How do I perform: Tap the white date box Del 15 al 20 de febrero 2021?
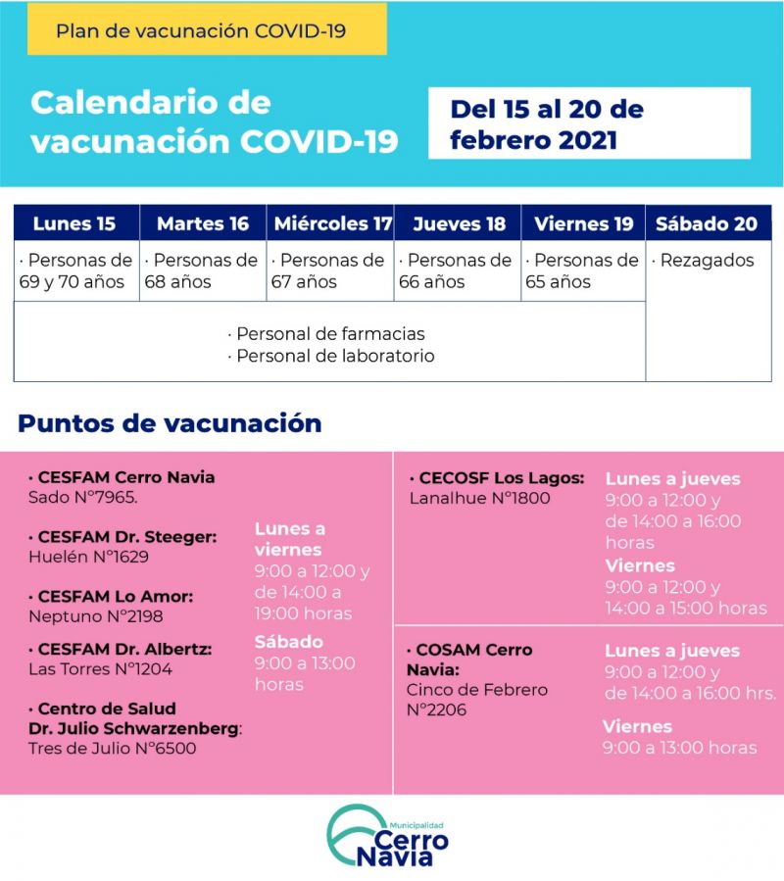[588, 123]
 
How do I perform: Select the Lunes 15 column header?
[75, 223]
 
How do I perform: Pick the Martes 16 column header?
[203, 223]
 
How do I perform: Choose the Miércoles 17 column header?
[332, 223]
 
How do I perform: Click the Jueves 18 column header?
[459, 223]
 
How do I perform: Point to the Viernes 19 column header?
[583, 223]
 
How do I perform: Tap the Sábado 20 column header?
[707, 223]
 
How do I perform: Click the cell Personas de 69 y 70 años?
[76, 271]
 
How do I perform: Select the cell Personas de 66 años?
[457, 271]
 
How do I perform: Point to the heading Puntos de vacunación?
[170, 423]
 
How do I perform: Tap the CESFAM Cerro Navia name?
[122, 478]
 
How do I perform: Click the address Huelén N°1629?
[89, 557]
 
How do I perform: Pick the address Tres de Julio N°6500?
[113, 749]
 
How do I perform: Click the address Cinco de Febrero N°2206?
[476, 700]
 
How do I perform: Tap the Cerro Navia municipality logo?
[388, 836]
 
